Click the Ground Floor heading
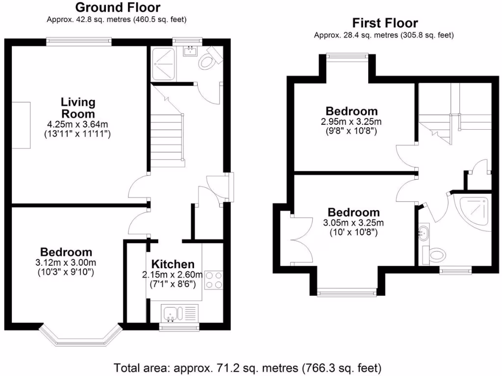(118, 7)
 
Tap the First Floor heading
(385, 23)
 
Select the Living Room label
(78, 108)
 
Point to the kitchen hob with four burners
(213, 280)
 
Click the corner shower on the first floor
(473, 211)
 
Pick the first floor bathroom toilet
(434, 254)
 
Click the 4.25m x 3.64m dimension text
(78, 125)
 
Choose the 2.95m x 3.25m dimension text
(352, 122)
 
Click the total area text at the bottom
(248, 367)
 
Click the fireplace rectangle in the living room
(21, 125)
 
